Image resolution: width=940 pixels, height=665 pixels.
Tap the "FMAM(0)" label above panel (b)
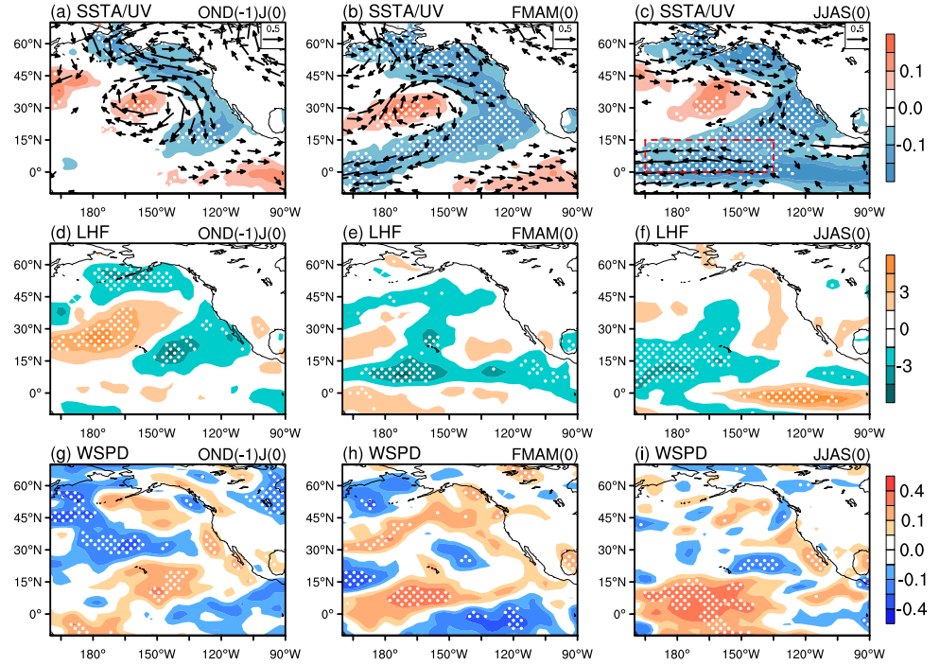click(x=545, y=13)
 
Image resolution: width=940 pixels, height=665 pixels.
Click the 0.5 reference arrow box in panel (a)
click(x=272, y=35)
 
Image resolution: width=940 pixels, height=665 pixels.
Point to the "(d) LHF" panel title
click(x=80, y=233)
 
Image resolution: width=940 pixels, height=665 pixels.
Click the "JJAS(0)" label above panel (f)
click(x=841, y=234)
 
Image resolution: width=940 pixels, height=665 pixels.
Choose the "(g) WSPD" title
click(x=90, y=453)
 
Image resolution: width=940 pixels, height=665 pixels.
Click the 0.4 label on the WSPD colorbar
click(x=912, y=491)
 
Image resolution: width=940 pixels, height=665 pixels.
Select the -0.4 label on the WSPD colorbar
click(x=912, y=609)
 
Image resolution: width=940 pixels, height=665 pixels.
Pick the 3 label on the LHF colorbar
click(x=904, y=292)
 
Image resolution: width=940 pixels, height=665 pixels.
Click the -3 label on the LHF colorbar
click(x=905, y=365)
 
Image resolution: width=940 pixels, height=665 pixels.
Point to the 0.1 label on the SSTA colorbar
click(x=912, y=71)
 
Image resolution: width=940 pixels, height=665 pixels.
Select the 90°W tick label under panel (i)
click(x=869, y=654)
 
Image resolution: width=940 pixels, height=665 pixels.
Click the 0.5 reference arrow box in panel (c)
click(x=858, y=35)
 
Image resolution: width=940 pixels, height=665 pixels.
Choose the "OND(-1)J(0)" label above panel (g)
click(x=241, y=454)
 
